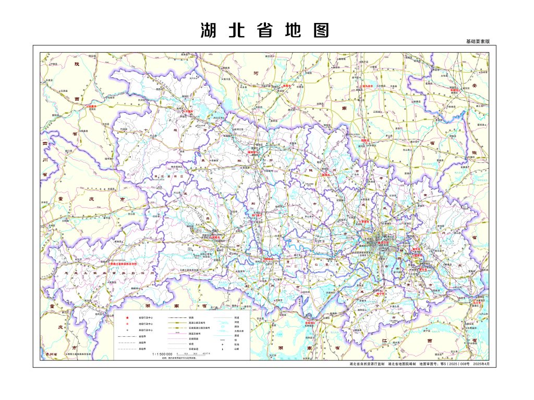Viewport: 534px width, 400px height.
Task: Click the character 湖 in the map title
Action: (208, 30)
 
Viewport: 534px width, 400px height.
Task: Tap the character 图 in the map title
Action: (322, 30)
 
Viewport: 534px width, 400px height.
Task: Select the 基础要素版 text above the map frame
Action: (478, 41)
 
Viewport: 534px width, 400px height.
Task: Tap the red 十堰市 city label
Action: (188, 111)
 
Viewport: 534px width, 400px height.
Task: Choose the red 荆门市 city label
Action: (257, 214)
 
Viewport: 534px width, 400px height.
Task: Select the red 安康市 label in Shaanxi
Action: (92, 107)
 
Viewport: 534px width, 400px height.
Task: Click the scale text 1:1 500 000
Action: (162, 354)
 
